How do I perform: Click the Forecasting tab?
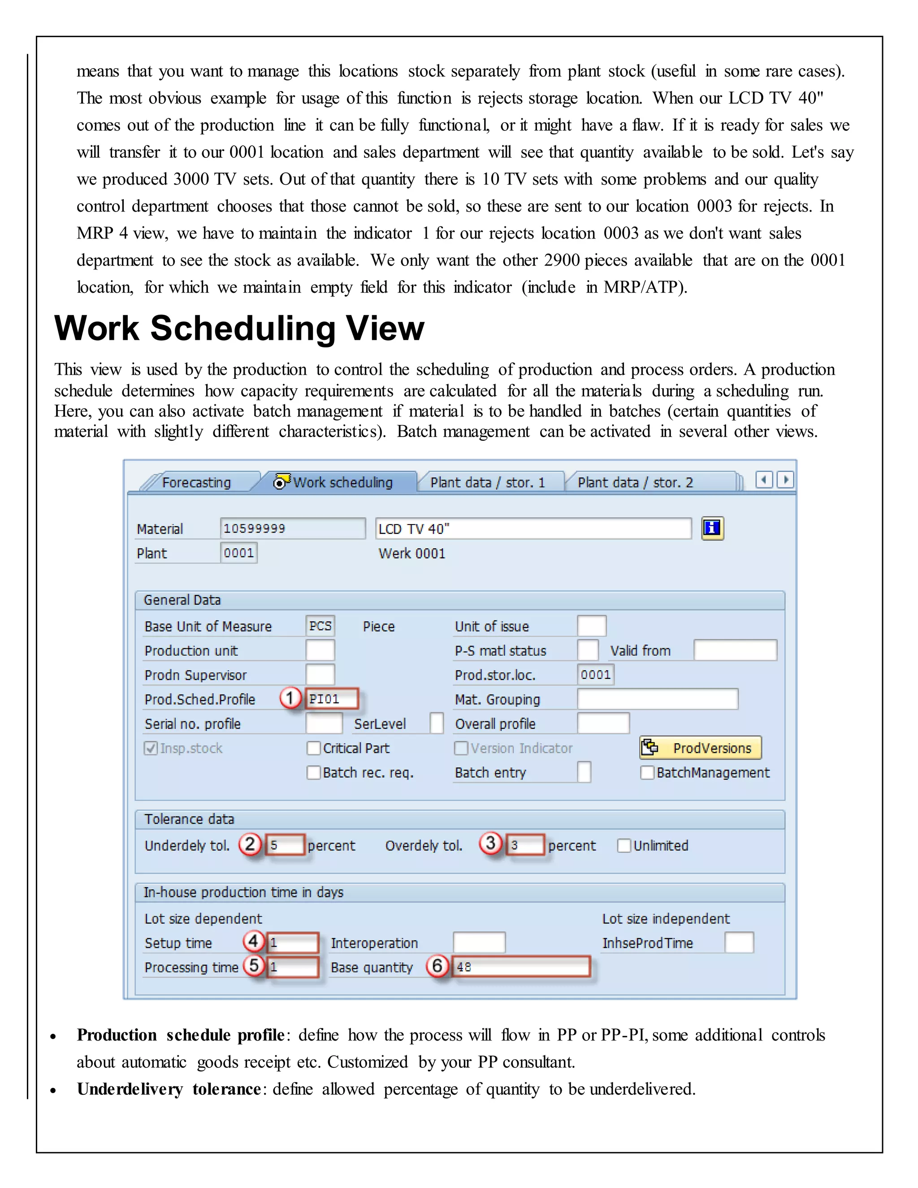pyautogui.click(x=196, y=482)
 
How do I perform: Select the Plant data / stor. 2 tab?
pyautogui.click(x=635, y=482)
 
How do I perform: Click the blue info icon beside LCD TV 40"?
pyautogui.click(x=712, y=528)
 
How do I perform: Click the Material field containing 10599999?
pyautogui.click(x=293, y=529)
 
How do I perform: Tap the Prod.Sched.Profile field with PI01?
pyautogui.click(x=331, y=699)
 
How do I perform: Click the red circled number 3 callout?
pyautogui.click(x=490, y=844)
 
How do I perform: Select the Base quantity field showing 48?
pyautogui.click(x=521, y=967)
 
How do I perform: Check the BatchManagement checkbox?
pyautogui.click(x=647, y=773)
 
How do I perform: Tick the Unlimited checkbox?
pyautogui.click(x=624, y=846)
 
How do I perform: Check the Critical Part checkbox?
pyautogui.click(x=313, y=749)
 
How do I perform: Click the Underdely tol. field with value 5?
pyautogui.click(x=285, y=845)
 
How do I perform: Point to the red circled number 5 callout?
pyautogui.click(x=253, y=966)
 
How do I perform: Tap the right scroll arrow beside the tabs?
pyautogui.click(x=785, y=480)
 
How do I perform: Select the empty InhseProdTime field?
pyautogui.click(x=739, y=943)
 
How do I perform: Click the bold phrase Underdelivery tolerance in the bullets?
pyautogui.click(x=169, y=1089)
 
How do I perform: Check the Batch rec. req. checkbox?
pyautogui.click(x=313, y=773)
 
